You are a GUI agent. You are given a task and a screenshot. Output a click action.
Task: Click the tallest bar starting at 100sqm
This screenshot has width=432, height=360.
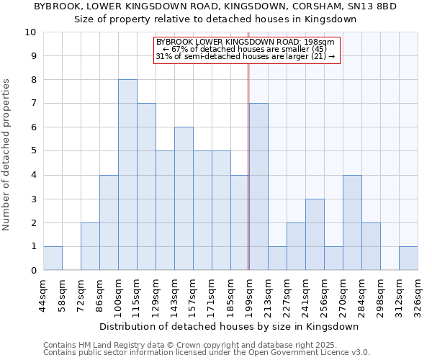click(127, 175)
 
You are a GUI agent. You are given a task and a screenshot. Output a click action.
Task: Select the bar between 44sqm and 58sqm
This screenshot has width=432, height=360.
click(53, 258)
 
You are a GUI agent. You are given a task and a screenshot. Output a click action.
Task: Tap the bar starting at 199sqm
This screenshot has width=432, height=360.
click(258, 186)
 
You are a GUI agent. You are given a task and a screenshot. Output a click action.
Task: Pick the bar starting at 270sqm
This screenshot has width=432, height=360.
click(352, 222)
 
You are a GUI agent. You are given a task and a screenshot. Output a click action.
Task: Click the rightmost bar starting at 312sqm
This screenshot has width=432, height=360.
click(408, 258)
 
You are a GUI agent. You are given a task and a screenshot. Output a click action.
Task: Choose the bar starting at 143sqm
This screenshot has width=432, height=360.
click(184, 199)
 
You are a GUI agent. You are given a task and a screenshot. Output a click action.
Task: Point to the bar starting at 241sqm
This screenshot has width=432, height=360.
click(315, 235)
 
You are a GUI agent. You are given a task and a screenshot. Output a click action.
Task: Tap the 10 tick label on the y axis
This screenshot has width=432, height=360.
click(30, 32)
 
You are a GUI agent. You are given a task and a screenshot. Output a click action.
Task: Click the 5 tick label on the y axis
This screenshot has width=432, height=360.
click(33, 151)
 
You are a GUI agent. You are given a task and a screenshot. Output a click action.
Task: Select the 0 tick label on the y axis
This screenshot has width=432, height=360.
click(33, 271)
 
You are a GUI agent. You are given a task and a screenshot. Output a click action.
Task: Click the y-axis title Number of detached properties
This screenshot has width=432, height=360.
click(7, 155)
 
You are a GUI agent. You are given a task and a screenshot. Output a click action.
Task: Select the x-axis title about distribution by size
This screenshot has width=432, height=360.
click(230, 326)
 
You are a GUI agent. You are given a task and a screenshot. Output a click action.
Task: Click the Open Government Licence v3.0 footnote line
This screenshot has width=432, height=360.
click(207, 353)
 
